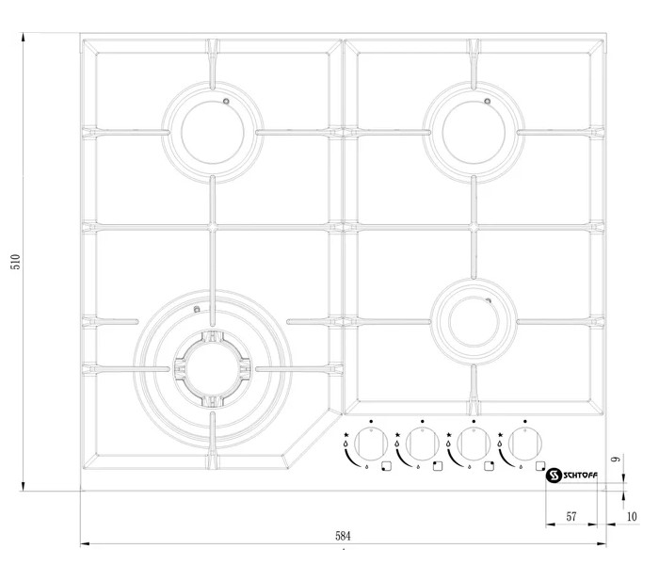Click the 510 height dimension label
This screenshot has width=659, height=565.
click(16, 262)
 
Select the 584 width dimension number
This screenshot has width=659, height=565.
click(343, 536)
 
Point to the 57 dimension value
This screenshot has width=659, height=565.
click(571, 517)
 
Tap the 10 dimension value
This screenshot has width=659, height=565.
click(632, 517)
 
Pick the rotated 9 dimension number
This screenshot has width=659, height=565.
click(616, 459)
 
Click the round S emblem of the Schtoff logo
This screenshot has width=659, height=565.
click(554, 476)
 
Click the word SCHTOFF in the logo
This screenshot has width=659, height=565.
click(581, 476)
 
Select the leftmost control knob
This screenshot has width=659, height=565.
click(371, 444)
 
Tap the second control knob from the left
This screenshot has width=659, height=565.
click(423, 444)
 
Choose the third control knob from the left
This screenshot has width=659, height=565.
click(474, 444)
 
